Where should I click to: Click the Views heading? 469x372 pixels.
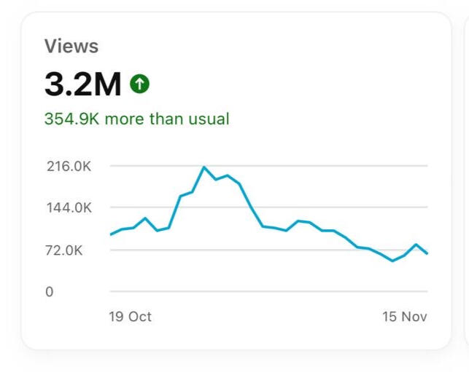tap(71, 47)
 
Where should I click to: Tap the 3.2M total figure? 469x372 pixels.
tap(82, 85)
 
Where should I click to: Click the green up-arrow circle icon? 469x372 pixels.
tap(139, 84)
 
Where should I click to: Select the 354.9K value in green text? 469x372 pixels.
tap(71, 119)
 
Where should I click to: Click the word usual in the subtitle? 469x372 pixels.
tap(210, 119)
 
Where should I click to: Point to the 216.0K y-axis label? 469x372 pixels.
tap(69, 166)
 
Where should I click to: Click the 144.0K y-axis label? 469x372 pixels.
tap(69, 207)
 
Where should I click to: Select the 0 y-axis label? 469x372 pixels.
tap(50, 292)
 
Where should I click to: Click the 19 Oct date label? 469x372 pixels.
tap(130, 317)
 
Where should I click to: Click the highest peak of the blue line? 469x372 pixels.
tap(204, 167)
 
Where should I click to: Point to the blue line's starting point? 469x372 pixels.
tap(110, 234)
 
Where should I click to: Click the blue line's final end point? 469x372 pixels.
tap(427, 253)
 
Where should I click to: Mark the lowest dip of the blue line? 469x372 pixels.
tap(392, 261)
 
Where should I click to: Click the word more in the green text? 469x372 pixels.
tap(125, 119)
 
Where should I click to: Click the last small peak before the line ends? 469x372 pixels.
tap(416, 245)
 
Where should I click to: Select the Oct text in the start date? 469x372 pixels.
tap(139, 317)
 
